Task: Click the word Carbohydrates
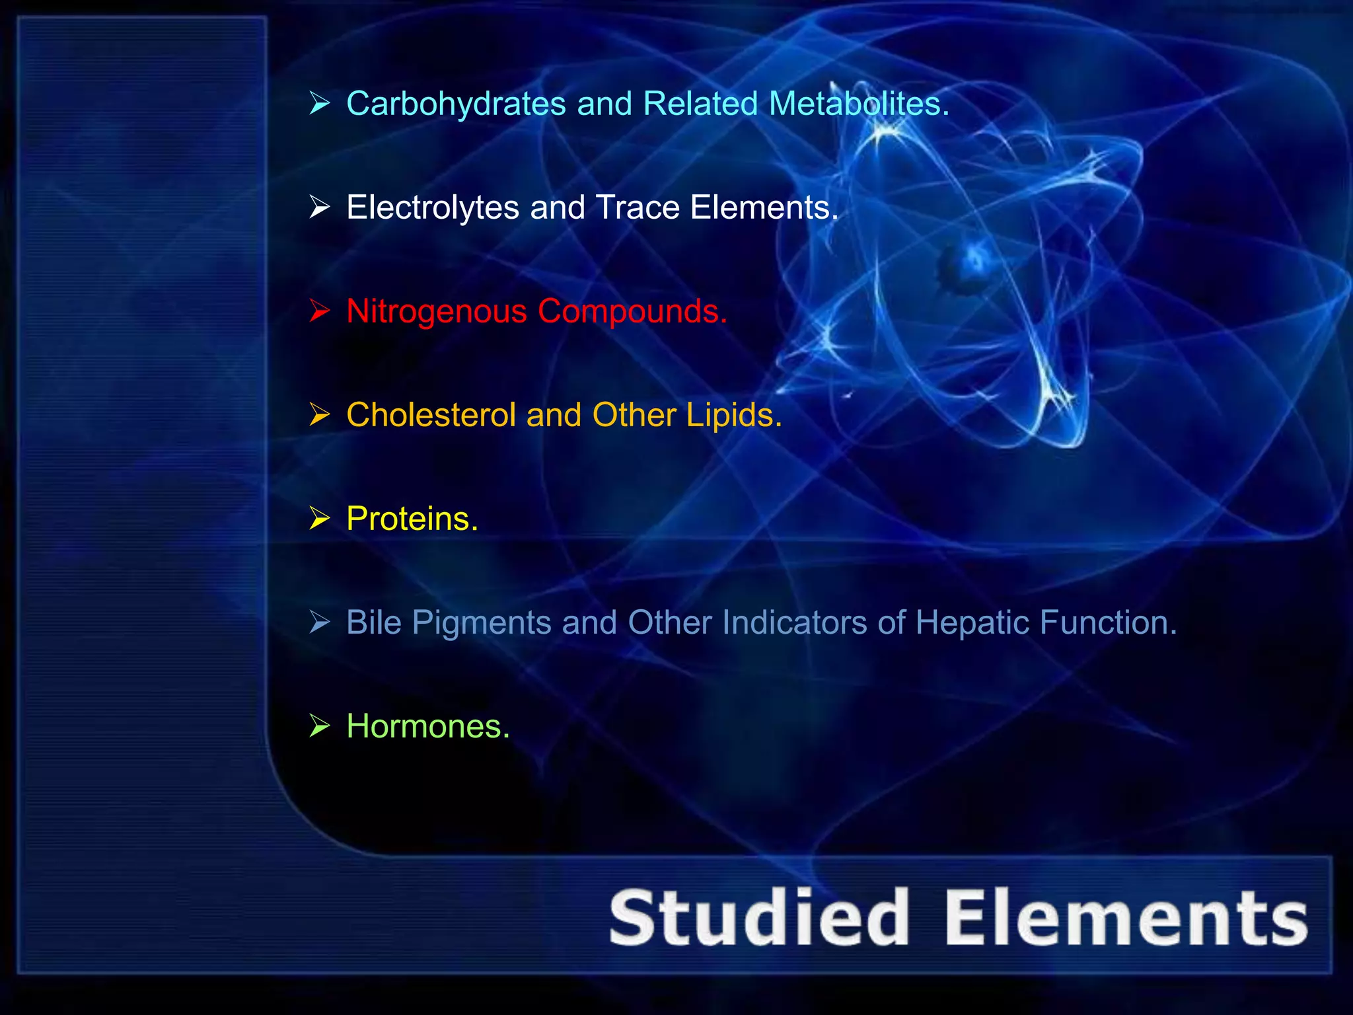(x=456, y=104)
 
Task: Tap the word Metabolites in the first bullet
(x=859, y=104)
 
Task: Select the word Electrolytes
(x=433, y=207)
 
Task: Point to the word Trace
(x=638, y=207)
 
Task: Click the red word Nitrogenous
(x=436, y=312)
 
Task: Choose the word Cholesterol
(x=431, y=415)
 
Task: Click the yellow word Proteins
(x=412, y=519)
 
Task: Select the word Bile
(x=374, y=622)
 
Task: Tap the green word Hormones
(x=427, y=726)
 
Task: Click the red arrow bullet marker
(x=320, y=311)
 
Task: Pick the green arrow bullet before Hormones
(x=320, y=726)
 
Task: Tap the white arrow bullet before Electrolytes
(x=320, y=207)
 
